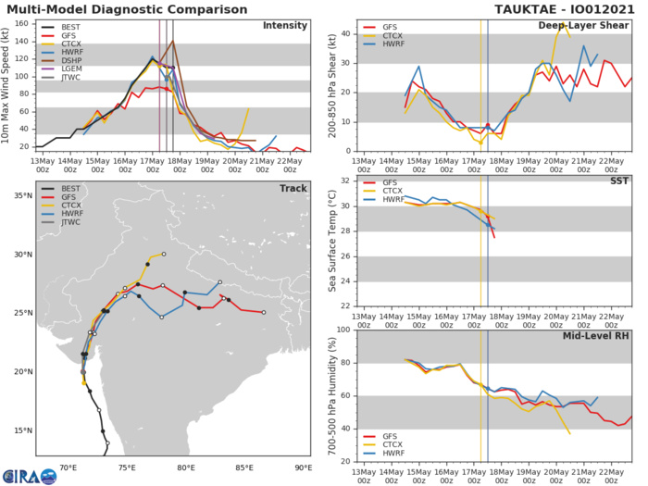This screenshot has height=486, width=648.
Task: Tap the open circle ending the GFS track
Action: tap(264, 313)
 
